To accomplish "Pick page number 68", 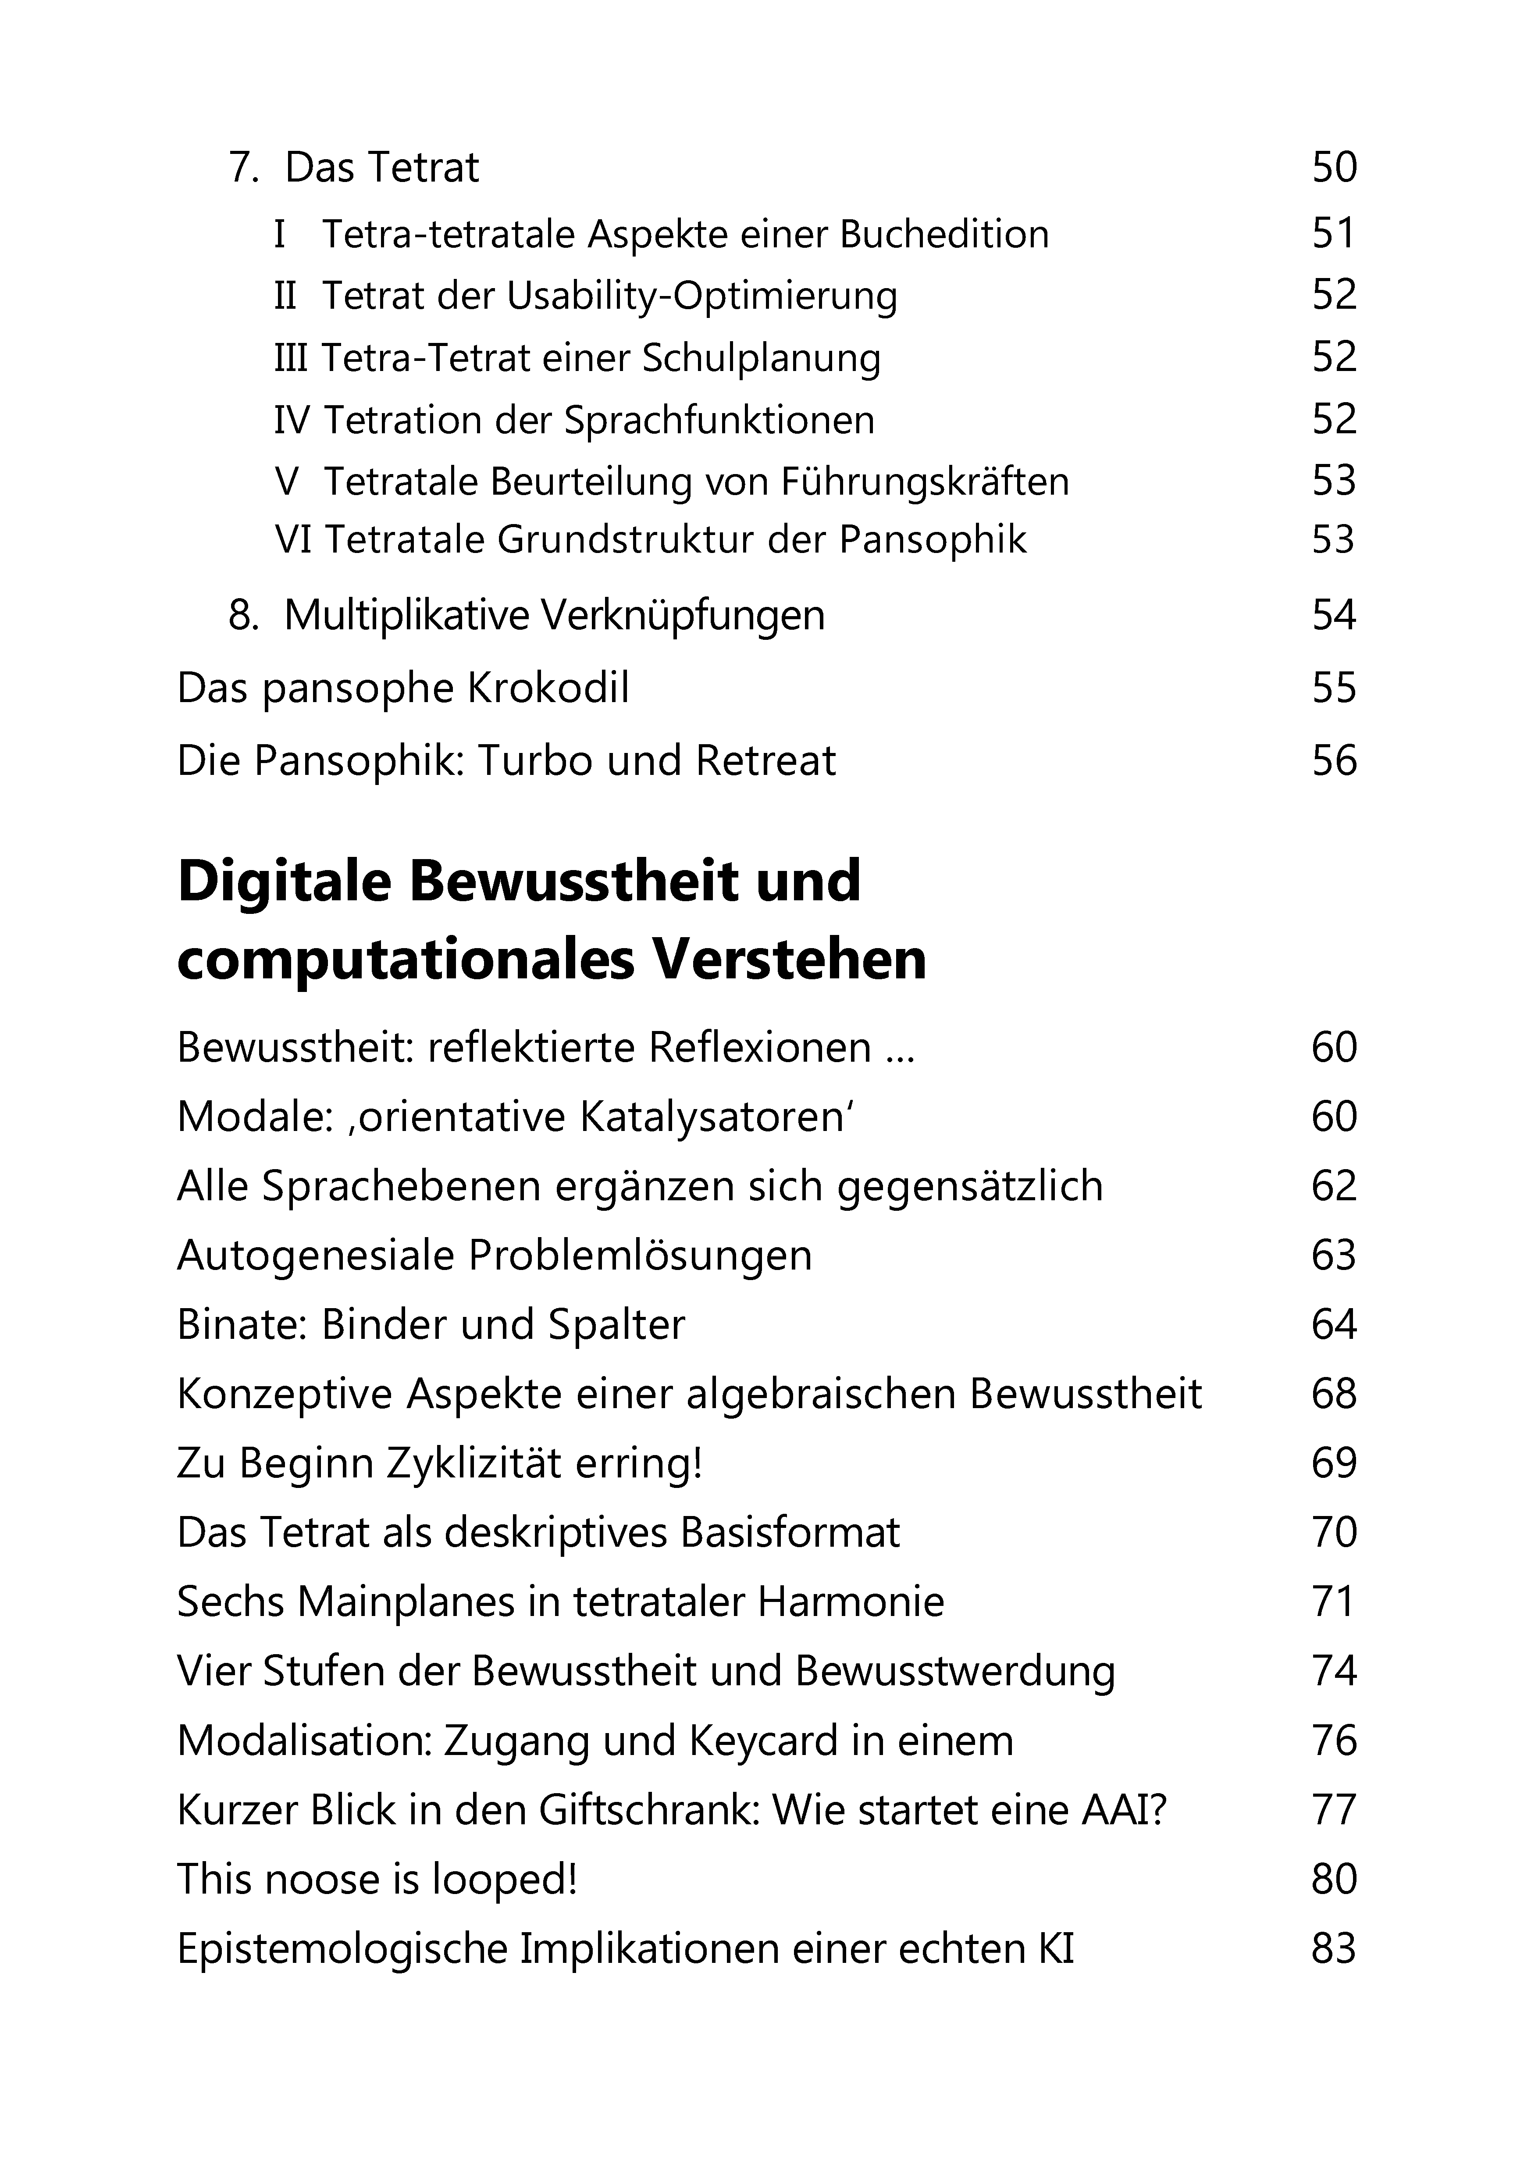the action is click(1334, 1394).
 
